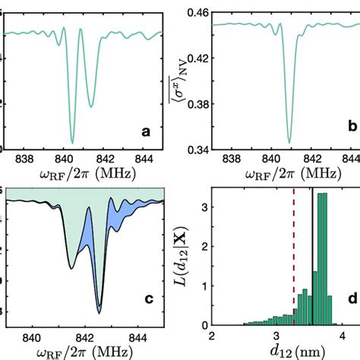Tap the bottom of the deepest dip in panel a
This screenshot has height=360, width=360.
pos(72,142)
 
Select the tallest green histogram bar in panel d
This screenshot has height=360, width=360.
pos(322,258)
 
